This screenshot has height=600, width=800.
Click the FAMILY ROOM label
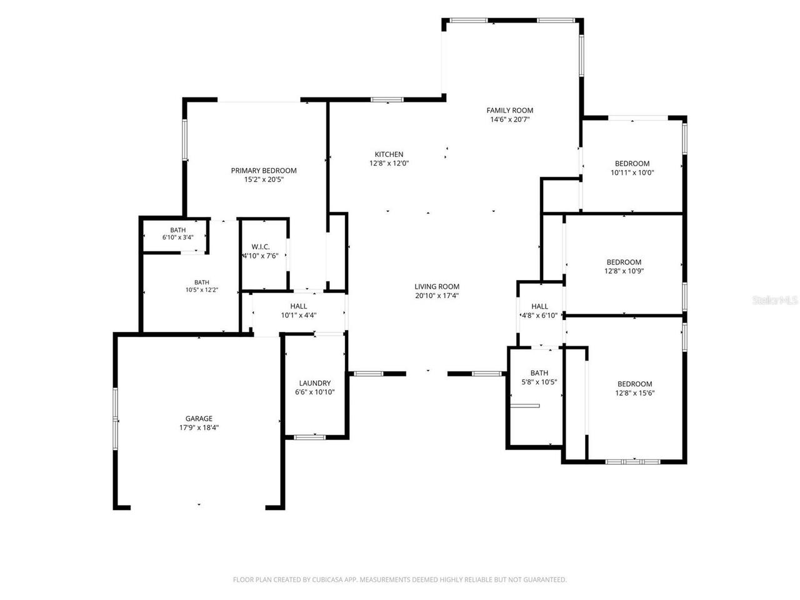pos(509,111)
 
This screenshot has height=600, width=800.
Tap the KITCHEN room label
pos(389,154)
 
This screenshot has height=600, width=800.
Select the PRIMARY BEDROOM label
pos(264,171)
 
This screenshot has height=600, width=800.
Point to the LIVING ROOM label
pos(437,287)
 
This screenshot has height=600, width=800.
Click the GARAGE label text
pos(199,419)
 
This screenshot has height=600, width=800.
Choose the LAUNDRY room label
pos(314,383)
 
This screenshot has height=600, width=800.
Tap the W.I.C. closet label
pos(261,247)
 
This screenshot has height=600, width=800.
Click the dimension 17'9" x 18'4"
pos(199,427)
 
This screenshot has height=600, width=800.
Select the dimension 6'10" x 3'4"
pos(178,237)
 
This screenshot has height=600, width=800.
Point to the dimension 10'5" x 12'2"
pos(201,290)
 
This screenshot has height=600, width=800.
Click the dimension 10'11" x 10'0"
pos(632,172)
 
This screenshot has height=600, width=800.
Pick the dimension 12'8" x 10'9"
pos(624,271)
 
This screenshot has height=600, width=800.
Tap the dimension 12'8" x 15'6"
pos(634,393)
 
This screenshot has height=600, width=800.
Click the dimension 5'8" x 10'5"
pos(539,382)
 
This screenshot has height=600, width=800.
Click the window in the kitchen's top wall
pos(387,99)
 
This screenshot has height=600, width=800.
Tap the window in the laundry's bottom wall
pos(309,437)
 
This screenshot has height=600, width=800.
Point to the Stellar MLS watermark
pos(775,301)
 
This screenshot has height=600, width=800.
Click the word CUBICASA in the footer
pos(327,579)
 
